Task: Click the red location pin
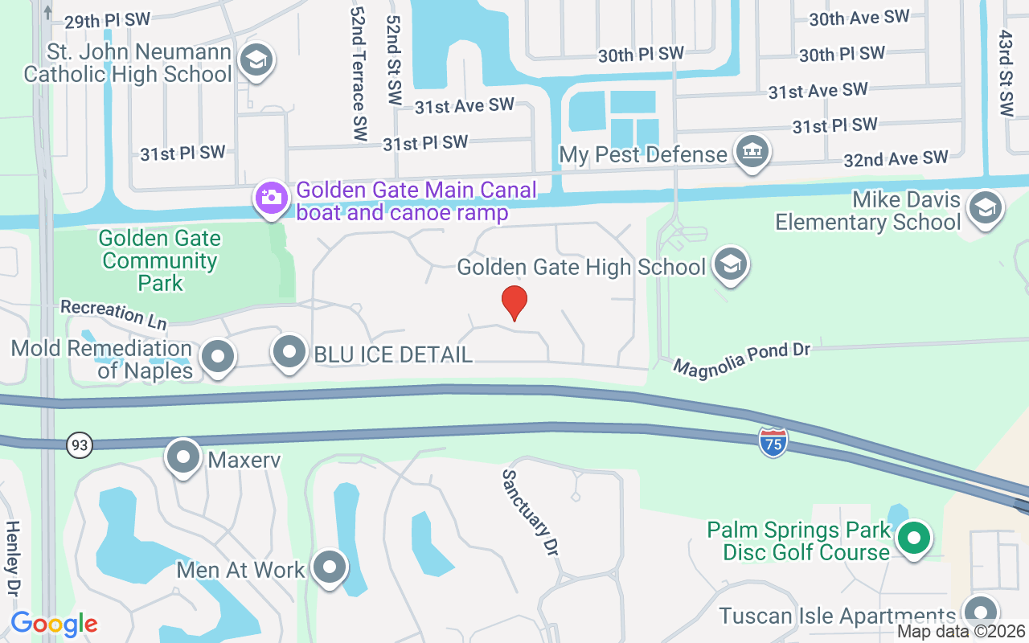point(514,303)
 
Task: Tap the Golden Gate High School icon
point(731,265)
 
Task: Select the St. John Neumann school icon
point(256,59)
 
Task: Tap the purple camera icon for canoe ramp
point(271,197)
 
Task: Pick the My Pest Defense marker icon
point(752,152)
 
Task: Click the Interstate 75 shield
point(773,441)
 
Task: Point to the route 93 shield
point(80,444)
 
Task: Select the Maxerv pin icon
point(183,457)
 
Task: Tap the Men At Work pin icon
point(329,568)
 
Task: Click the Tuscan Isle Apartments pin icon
point(981,614)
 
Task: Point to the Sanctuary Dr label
point(531,513)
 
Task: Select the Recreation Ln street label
point(113,313)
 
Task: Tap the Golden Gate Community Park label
point(160,260)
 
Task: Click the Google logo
point(54,624)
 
